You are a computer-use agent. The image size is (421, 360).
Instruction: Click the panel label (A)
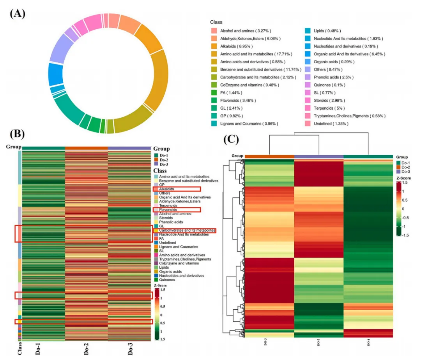pyautogui.click(x=18, y=14)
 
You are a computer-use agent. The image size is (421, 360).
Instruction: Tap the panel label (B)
pyautogui.click(x=18, y=134)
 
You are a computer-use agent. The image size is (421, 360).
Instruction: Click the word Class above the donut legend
pyautogui.click(x=216, y=22)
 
